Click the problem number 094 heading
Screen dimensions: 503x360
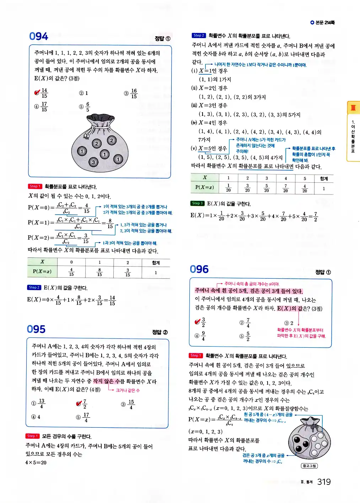pos(38,36)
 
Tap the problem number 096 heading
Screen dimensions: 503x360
pos(199,269)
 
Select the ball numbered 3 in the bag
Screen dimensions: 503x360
pos(93,162)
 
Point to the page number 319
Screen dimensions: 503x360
pos(324,482)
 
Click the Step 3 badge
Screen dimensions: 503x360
pos(197,203)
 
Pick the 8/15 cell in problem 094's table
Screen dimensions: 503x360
pos(100,272)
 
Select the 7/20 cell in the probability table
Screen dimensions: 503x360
pos(285,188)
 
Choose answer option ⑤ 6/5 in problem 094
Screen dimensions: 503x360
pos(85,107)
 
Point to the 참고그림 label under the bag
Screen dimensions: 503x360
pos(309,466)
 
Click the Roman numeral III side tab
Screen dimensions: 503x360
pos(353,108)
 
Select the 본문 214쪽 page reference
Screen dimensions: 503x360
pos(322,22)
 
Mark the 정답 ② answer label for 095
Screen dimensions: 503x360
pos(160,332)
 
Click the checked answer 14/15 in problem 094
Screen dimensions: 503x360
pos(41,93)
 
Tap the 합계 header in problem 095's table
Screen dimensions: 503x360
pos(324,178)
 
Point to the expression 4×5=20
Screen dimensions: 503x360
pos(36,462)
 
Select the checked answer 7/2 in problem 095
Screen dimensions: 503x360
pos(82,404)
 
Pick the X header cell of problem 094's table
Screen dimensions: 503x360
pos(42,262)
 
